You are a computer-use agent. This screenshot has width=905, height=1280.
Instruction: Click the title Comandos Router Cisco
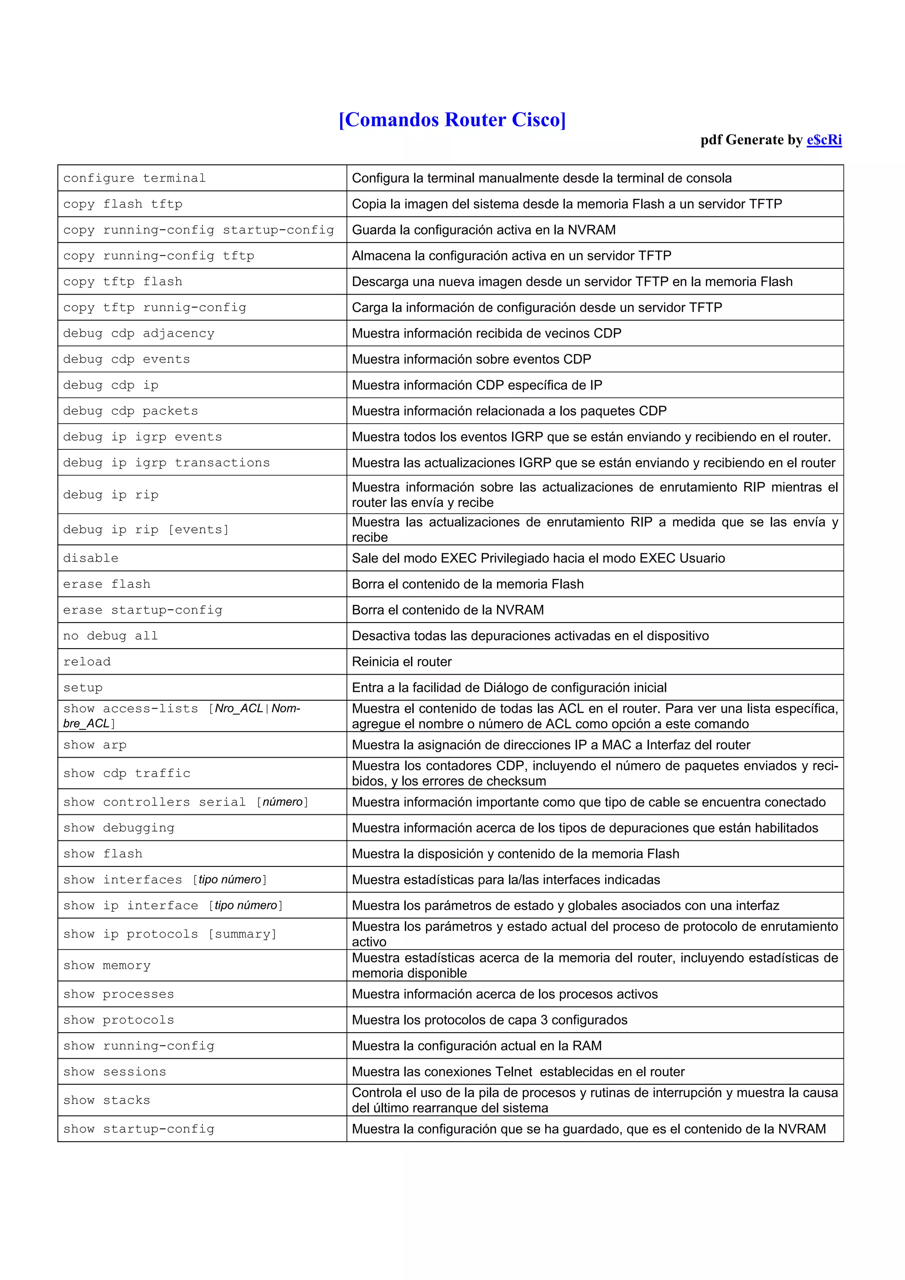(452, 120)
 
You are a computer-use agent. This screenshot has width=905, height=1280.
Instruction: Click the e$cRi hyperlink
(824, 140)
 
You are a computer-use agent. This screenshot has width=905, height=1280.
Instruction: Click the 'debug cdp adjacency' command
(139, 334)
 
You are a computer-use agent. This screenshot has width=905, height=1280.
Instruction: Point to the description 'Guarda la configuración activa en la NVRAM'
(483, 230)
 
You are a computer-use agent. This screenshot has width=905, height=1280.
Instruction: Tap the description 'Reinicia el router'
(402, 662)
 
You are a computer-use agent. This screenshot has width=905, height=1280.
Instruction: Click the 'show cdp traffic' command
(126, 773)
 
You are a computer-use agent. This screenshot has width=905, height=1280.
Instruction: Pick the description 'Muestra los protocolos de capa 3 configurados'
(489, 1020)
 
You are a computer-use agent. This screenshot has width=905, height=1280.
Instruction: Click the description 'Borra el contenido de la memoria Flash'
(467, 584)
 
